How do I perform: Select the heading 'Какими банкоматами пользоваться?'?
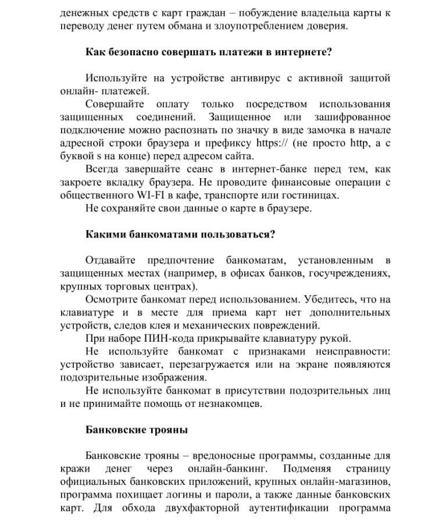coord(180,235)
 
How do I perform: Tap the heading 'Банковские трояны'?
coord(137,430)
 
